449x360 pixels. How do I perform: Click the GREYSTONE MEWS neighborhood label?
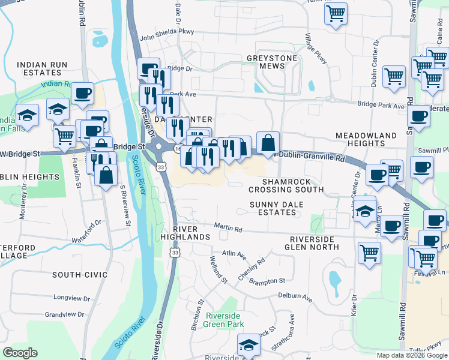pyautogui.click(x=272, y=62)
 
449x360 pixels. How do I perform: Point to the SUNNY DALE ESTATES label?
pyautogui.click(x=277, y=208)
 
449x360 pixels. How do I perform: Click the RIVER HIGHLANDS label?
pyautogui.click(x=191, y=233)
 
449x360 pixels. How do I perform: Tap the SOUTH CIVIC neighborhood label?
pyautogui.click(x=79, y=275)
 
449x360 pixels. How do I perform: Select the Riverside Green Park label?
pyautogui.click(x=224, y=320)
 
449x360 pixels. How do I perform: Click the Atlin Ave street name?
pyautogui.click(x=234, y=255)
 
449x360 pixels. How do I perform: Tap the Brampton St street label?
pyautogui.click(x=267, y=280)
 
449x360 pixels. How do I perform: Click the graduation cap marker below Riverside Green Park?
pyautogui.click(x=247, y=346)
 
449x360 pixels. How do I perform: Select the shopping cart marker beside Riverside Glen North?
pyautogui.click(x=370, y=253)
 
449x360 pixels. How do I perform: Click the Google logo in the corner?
pyautogui.click(x=20, y=353)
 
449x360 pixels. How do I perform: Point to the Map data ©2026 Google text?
pyautogui.click(x=411, y=355)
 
